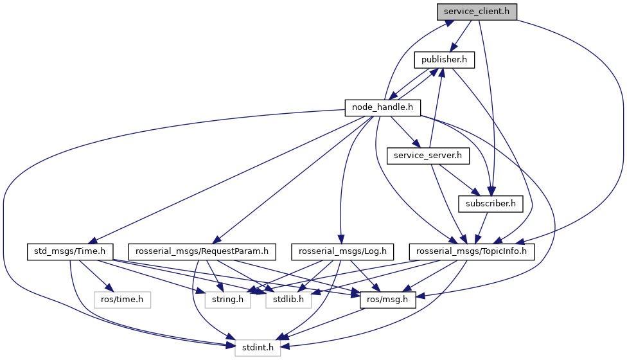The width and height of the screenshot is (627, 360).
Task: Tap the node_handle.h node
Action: pyautogui.click(x=383, y=107)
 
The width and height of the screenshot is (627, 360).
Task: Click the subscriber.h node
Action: pyautogui.click(x=491, y=204)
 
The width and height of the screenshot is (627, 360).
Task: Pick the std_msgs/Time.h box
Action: pyautogui.click(x=70, y=251)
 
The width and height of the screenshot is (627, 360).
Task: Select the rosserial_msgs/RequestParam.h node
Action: pyautogui.click(x=202, y=251)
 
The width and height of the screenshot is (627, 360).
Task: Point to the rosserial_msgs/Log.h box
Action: pyautogui.click(x=342, y=251)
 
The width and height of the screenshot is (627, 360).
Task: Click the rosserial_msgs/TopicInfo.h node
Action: pyautogui.click(x=472, y=251)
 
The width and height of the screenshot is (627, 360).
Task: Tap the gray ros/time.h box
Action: pyautogui.click(x=122, y=299)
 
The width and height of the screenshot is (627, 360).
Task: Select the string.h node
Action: pyautogui.click(x=225, y=299)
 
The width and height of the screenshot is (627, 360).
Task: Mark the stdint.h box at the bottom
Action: pyautogui.click(x=257, y=348)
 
